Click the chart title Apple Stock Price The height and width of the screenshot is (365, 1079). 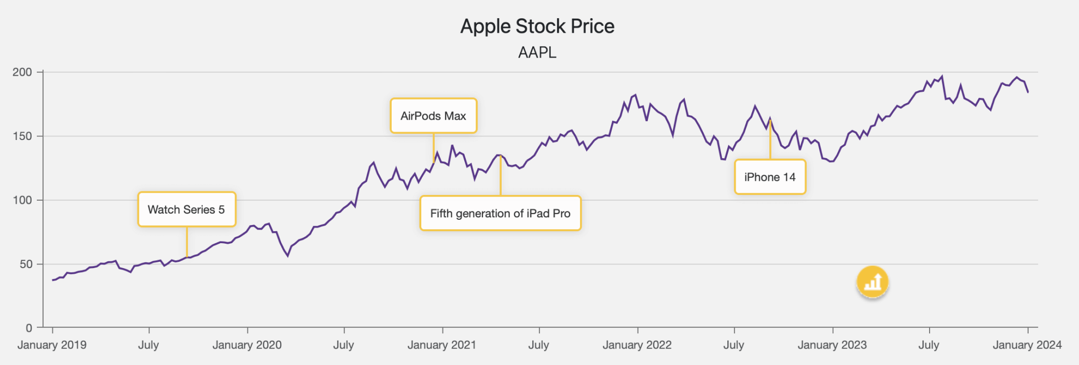(x=537, y=26)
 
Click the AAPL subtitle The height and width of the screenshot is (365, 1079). (x=537, y=52)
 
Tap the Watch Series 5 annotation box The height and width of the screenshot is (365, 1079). (x=186, y=209)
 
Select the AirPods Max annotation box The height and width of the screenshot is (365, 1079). (x=433, y=116)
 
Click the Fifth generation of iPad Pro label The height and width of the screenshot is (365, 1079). (x=500, y=213)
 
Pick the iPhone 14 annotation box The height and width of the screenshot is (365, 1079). (x=770, y=177)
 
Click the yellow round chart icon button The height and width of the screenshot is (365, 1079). (x=873, y=282)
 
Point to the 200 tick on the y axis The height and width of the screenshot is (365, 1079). (x=22, y=72)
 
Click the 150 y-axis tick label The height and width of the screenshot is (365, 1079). (x=22, y=136)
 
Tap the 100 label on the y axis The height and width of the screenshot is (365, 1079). (x=22, y=200)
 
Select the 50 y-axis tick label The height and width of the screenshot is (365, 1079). (x=26, y=264)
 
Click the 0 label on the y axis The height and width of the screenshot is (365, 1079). (x=29, y=328)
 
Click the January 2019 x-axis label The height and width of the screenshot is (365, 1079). (x=52, y=345)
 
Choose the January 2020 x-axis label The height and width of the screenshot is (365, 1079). (x=247, y=345)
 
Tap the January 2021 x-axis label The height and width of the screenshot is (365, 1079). (x=442, y=345)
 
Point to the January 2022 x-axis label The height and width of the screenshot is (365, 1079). (x=637, y=345)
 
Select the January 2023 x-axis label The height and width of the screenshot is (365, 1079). (x=832, y=345)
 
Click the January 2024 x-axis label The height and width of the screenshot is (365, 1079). (x=1027, y=345)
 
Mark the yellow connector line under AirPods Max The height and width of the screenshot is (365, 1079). (x=434, y=148)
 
